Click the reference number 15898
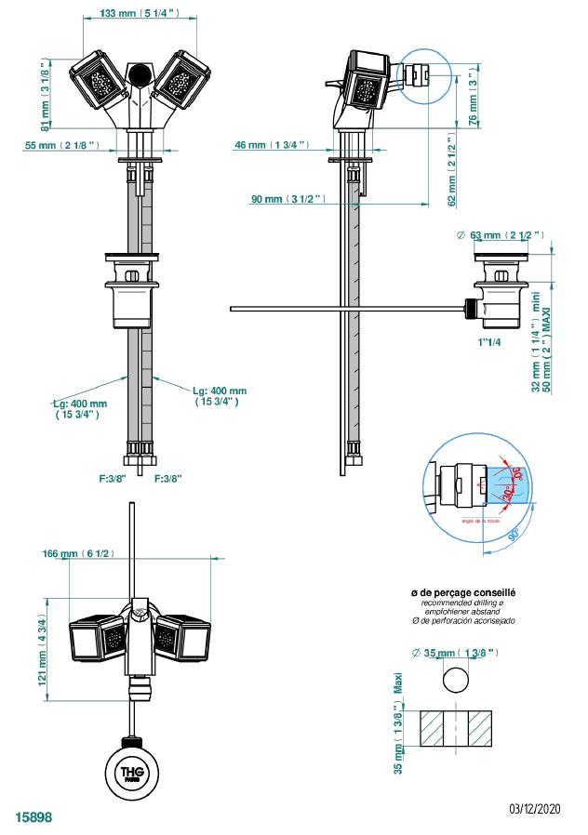pos(33,818)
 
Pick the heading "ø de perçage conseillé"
pos(463,592)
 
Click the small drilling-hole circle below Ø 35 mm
pos(456,680)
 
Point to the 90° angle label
pos(514,533)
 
